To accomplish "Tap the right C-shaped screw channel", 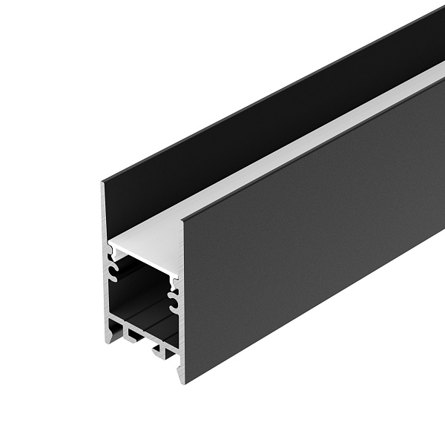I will (x=174, y=300).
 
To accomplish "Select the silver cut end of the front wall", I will (x=181, y=297).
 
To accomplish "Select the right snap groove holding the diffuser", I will (x=175, y=282).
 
